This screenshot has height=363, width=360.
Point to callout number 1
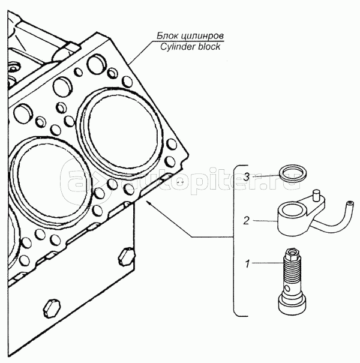[x=246, y=262]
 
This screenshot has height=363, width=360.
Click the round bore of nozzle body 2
[x=291, y=210]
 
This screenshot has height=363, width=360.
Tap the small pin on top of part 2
[x=317, y=194]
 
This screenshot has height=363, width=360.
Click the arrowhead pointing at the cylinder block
[x=148, y=204]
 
